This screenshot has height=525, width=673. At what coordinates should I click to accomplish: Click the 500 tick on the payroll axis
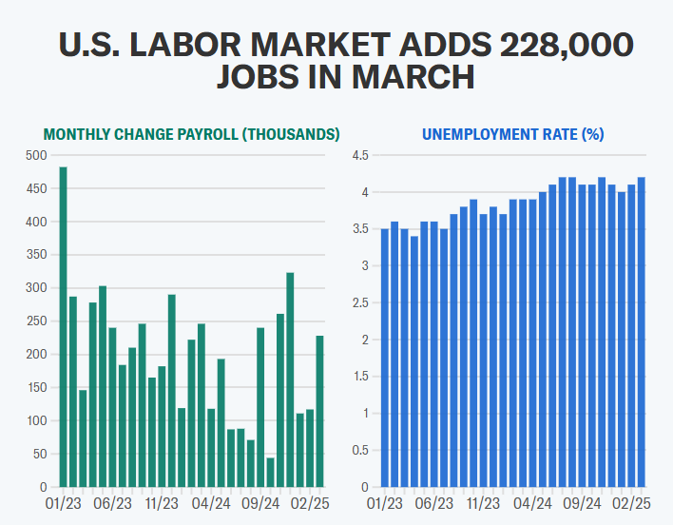[x=34, y=155]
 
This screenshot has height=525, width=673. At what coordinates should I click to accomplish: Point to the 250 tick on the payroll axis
[x=34, y=321]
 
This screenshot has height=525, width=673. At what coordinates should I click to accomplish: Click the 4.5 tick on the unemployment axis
[x=359, y=155]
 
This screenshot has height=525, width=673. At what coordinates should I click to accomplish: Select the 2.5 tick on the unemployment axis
[x=359, y=303]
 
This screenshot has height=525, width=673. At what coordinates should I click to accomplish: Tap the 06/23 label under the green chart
[x=113, y=502]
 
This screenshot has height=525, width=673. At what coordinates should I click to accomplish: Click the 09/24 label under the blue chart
[x=581, y=502]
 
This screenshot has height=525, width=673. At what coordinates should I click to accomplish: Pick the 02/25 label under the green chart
[x=309, y=502]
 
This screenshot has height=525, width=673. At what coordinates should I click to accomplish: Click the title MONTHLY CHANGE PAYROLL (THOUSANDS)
[x=191, y=134]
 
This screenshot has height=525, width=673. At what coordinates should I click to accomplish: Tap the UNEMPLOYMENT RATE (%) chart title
[x=512, y=134]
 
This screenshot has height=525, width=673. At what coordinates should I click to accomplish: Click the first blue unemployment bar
[x=385, y=358]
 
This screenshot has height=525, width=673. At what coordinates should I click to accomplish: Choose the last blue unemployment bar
[x=642, y=332]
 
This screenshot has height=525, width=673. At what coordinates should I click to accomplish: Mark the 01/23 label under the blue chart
[x=383, y=502]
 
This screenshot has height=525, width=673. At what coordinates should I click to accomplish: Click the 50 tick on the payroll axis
[x=38, y=455]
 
